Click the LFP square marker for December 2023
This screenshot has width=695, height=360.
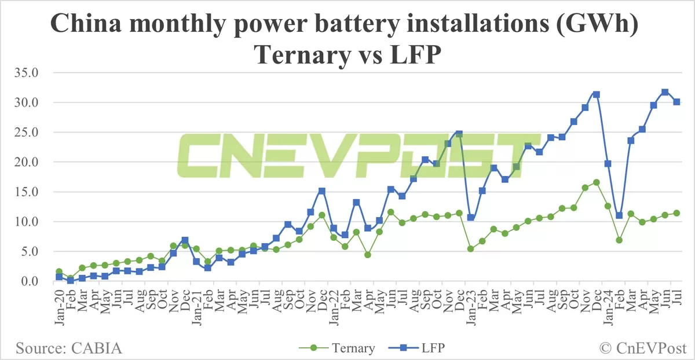click(596, 94)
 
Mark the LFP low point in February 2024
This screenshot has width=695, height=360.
click(619, 215)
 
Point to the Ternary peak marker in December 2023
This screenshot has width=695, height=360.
click(596, 182)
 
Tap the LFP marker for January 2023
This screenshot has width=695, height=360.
click(471, 218)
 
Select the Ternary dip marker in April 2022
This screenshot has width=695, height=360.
click(368, 255)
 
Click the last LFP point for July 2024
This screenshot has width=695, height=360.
click(676, 102)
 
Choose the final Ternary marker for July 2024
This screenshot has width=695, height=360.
click(676, 213)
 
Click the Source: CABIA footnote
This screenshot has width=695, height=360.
click(69, 348)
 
